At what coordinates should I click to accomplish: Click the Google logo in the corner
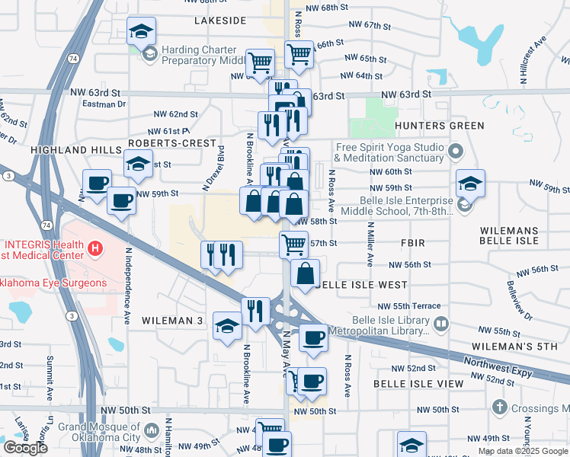25,448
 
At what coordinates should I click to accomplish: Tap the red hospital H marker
95,248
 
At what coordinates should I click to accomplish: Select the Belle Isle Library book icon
440,325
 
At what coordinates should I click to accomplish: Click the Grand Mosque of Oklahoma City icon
150,433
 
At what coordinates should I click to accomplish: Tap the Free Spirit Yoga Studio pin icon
456,150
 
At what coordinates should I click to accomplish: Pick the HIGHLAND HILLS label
76,151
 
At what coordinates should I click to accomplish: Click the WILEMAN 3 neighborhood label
172,321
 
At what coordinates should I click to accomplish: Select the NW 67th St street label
373,25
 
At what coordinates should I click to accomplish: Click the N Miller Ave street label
370,244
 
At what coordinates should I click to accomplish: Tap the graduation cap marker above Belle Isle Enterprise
471,184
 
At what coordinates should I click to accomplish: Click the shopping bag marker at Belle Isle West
305,273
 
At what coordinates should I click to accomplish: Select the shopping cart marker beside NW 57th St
293,244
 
